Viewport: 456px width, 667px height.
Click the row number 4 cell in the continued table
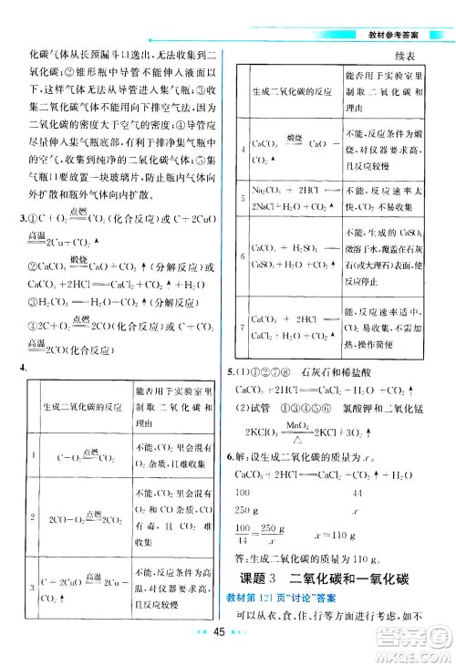point(240,150)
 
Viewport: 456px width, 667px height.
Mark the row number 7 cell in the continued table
point(240,327)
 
